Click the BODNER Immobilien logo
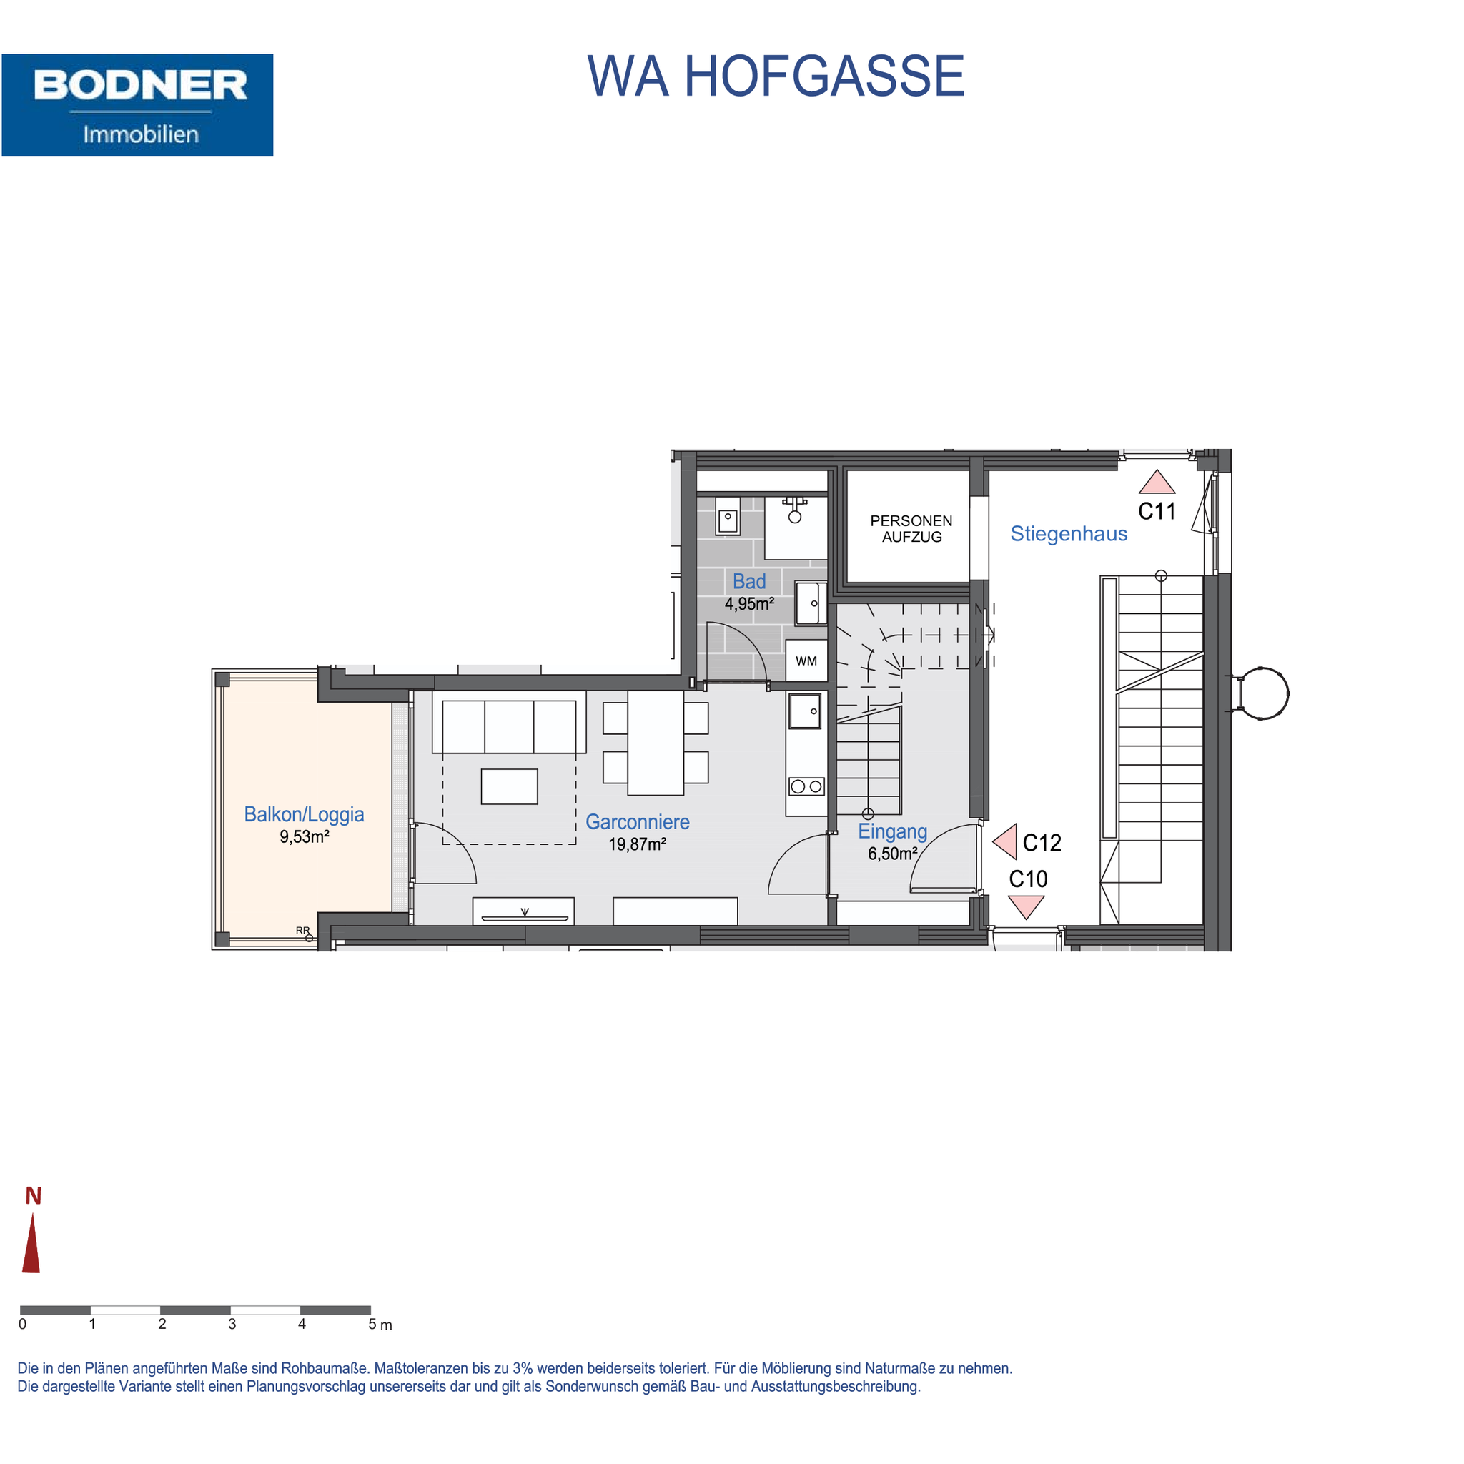coord(137,104)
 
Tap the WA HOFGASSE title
coord(776,76)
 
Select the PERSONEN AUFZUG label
coord(911,529)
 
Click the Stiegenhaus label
coord(1069,534)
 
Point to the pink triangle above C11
coord(1157,483)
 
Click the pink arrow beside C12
coord(1006,842)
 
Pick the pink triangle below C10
coord(1026,906)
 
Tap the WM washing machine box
coord(806,661)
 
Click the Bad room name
coord(748,581)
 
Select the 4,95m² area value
coord(749,604)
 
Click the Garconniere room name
coord(637,822)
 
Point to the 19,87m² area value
coord(637,844)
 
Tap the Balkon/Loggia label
coord(304,815)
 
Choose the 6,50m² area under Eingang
coord(893,854)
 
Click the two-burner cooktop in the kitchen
coord(806,786)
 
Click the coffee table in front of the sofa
coord(509,786)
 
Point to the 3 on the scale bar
coord(232,1324)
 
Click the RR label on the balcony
coord(302,931)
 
